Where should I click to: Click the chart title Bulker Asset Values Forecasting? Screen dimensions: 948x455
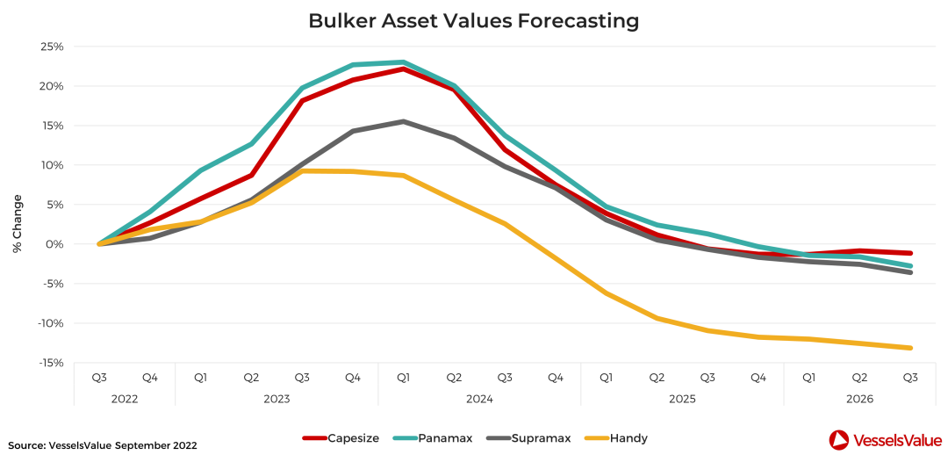(x=473, y=20)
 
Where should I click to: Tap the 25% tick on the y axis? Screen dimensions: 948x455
(x=51, y=47)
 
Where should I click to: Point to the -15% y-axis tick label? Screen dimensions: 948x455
(x=49, y=363)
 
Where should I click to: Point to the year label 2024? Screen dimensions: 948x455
(x=479, y=400)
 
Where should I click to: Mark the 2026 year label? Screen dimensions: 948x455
(x=859, y=400)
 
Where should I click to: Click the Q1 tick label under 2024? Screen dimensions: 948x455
(x=403, y=379)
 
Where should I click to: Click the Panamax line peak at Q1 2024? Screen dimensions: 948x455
(x=403, y=61)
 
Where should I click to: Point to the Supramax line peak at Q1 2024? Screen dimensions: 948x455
(x=403, y=121)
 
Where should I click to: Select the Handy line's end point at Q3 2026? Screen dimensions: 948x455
(x=910, y=348)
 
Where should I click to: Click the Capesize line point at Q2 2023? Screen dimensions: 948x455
(x=252, y=176)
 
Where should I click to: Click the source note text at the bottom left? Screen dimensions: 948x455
(x=103, y=445)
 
